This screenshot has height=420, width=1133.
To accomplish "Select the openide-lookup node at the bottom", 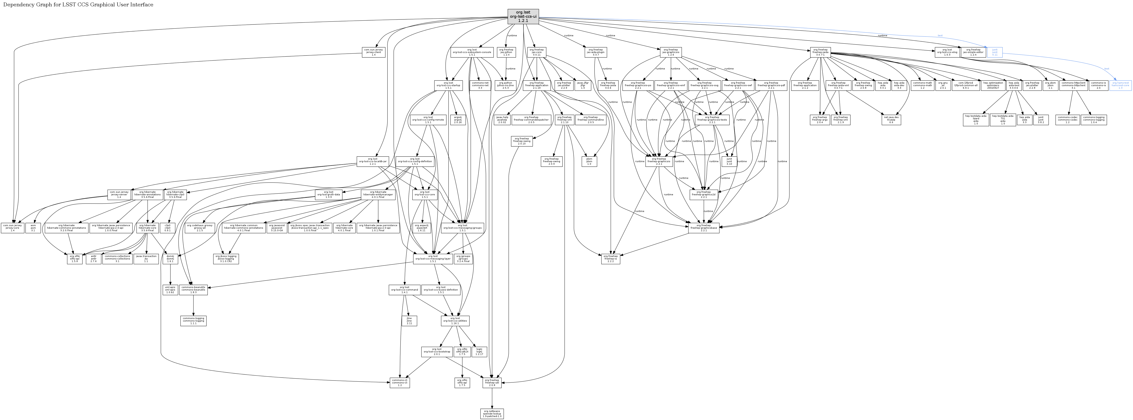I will tap(492, 413).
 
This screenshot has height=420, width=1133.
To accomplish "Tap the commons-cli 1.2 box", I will tap(400, 383).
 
